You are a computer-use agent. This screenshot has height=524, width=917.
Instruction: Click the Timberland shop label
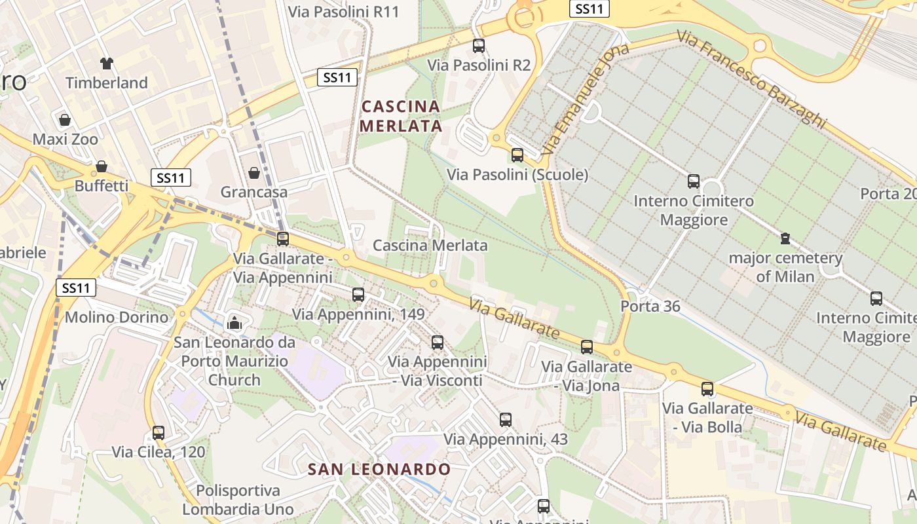107,83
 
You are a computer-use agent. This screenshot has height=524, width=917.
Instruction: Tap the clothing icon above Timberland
107,64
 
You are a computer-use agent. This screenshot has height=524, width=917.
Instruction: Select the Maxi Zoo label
65,140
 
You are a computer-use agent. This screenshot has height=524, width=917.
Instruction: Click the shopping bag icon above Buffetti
102,166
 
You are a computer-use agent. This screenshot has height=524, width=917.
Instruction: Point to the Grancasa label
254,193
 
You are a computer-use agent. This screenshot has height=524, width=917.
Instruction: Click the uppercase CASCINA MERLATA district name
401,116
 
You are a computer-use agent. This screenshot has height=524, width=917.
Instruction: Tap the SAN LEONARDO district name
379,469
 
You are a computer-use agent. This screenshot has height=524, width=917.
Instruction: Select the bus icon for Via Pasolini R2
479,46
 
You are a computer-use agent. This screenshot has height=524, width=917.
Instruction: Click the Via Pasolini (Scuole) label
517,175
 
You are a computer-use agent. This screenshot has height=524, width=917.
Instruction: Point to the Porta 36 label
650,307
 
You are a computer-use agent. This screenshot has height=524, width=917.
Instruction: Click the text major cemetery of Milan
785,267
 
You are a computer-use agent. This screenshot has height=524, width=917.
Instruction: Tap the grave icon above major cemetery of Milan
785,238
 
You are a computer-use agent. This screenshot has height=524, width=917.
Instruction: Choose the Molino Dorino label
117,318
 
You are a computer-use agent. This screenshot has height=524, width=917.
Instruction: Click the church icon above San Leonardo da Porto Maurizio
234,322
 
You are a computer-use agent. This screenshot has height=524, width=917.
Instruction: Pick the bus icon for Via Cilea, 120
159,432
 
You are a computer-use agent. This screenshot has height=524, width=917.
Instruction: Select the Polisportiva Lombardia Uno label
238,500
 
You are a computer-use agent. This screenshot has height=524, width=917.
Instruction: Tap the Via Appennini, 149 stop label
358,314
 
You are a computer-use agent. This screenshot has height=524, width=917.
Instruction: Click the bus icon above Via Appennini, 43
505,420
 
